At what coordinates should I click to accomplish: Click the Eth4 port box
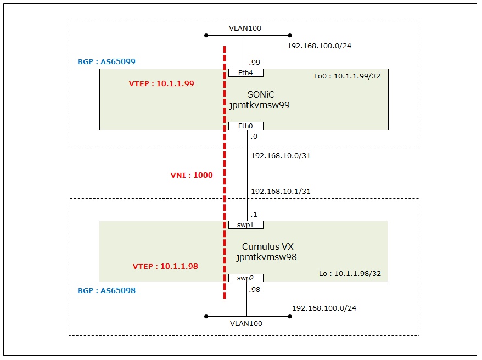click(246, 73)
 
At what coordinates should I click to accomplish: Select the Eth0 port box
click(246, 126)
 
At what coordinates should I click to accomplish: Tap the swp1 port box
click(246, 225)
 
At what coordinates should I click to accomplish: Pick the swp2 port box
click(246, 278)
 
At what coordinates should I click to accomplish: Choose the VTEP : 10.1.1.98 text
click(165, 266)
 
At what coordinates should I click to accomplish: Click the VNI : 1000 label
click(192, 176)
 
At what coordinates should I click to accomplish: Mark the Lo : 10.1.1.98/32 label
click(350, 273)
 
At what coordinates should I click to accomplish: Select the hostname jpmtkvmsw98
click(267, 257)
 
